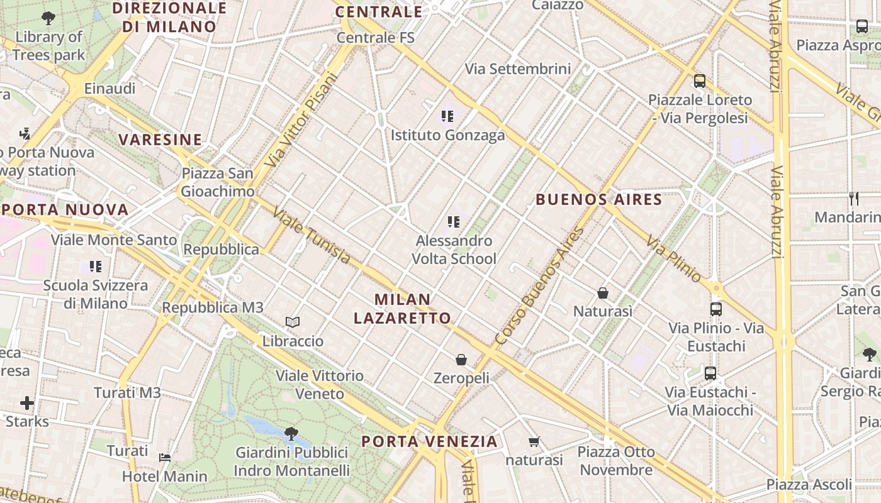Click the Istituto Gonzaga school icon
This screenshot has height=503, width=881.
click(447, 116)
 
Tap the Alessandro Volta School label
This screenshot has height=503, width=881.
click(454, 250)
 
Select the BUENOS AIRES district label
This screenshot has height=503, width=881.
click(598, 200)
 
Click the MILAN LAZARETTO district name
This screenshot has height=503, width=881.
click(402, 309)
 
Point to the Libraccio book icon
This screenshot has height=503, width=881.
click(292, 323)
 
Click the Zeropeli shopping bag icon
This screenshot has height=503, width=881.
click(461, 360)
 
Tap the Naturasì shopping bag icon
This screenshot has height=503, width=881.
click(603, 293)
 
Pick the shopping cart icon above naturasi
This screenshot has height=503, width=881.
click(534, 441)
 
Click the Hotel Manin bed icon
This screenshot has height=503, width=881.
click(165, 457)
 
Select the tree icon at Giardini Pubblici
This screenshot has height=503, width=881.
click(291, 433)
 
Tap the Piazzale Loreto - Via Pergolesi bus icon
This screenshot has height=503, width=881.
click(699, 81)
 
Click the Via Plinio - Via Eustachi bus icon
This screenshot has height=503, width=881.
click(715, 309)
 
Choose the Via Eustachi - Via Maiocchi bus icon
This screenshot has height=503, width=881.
click(710, 373)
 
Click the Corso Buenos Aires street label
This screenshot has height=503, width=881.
click(540, 286)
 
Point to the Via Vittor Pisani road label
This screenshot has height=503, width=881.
click(301, 120)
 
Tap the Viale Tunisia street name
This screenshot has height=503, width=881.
click(311, 236)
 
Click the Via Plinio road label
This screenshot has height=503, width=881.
click(673, 258)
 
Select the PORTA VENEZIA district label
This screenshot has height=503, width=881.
click(429, 441)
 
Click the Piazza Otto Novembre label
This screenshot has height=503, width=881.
click(615, 461)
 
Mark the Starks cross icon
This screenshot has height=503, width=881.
click(27, 402)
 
